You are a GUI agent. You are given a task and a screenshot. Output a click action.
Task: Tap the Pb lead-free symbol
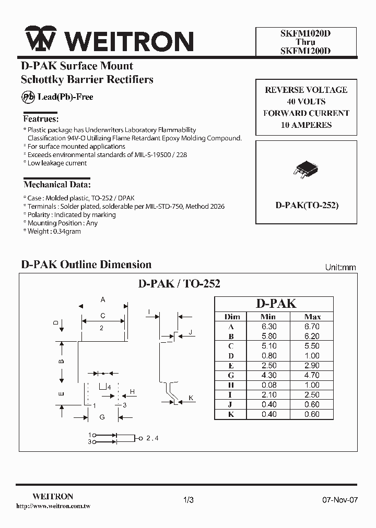tap(28, 97)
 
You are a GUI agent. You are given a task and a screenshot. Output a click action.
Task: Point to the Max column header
tap(312, 316)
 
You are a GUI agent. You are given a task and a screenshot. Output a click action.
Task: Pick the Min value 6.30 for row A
tap(268, 326)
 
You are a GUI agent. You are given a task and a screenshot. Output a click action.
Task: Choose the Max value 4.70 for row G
tap(312, 375)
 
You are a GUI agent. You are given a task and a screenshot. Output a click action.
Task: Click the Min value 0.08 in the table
tap(268, 385)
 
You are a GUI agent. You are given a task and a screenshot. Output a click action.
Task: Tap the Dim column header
tap(232, 316)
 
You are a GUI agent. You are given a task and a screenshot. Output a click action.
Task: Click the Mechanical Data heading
tap(57, 185)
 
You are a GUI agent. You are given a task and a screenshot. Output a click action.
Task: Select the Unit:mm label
tap(340, 267)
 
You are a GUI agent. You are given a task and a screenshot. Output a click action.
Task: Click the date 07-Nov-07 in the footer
tap(339, 500)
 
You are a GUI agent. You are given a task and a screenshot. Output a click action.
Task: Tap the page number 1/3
tap(189, 500)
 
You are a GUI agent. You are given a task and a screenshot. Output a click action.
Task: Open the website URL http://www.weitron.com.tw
tap(54, 506)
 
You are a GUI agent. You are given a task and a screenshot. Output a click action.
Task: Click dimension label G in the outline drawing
tap(102, 416)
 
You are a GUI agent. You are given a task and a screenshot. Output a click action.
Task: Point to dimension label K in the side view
tap(191, 398)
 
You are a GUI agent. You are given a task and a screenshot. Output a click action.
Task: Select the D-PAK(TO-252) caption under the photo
tap(307, 206)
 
